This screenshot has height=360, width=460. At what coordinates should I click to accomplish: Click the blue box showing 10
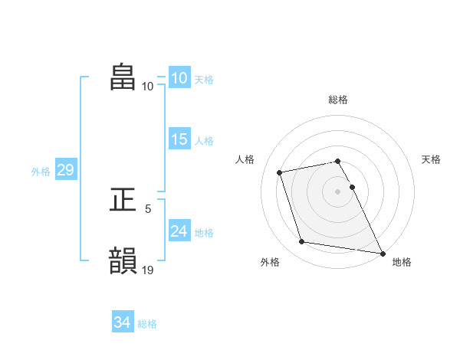point(179,78)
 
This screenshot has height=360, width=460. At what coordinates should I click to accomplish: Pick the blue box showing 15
point(179,139)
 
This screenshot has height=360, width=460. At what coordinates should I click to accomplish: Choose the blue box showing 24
point(179,231)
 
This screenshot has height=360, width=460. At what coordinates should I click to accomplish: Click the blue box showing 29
point(65,170)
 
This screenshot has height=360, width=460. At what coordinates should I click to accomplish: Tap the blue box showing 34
point(122,323)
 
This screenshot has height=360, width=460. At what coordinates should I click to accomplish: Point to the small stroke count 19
point(149,270)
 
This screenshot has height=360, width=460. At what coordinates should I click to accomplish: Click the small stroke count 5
point(148,208)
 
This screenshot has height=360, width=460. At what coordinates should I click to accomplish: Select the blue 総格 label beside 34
point(147,324)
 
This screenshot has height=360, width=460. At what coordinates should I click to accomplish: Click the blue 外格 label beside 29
point(41,172)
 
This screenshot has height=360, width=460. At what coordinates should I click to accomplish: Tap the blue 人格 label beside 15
point(204,141)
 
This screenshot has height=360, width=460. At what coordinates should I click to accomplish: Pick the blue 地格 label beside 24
point(204,233)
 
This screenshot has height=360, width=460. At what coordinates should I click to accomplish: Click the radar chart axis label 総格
point(338,100)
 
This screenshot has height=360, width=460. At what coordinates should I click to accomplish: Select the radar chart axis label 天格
point(432,159)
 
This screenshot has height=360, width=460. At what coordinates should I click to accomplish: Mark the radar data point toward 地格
point(382,252)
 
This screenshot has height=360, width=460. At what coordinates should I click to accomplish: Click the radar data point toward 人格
point(281,172)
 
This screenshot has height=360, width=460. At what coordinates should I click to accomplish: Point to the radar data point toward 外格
point(302,242)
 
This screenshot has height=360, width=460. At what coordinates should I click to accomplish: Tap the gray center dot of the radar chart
point(338,191)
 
